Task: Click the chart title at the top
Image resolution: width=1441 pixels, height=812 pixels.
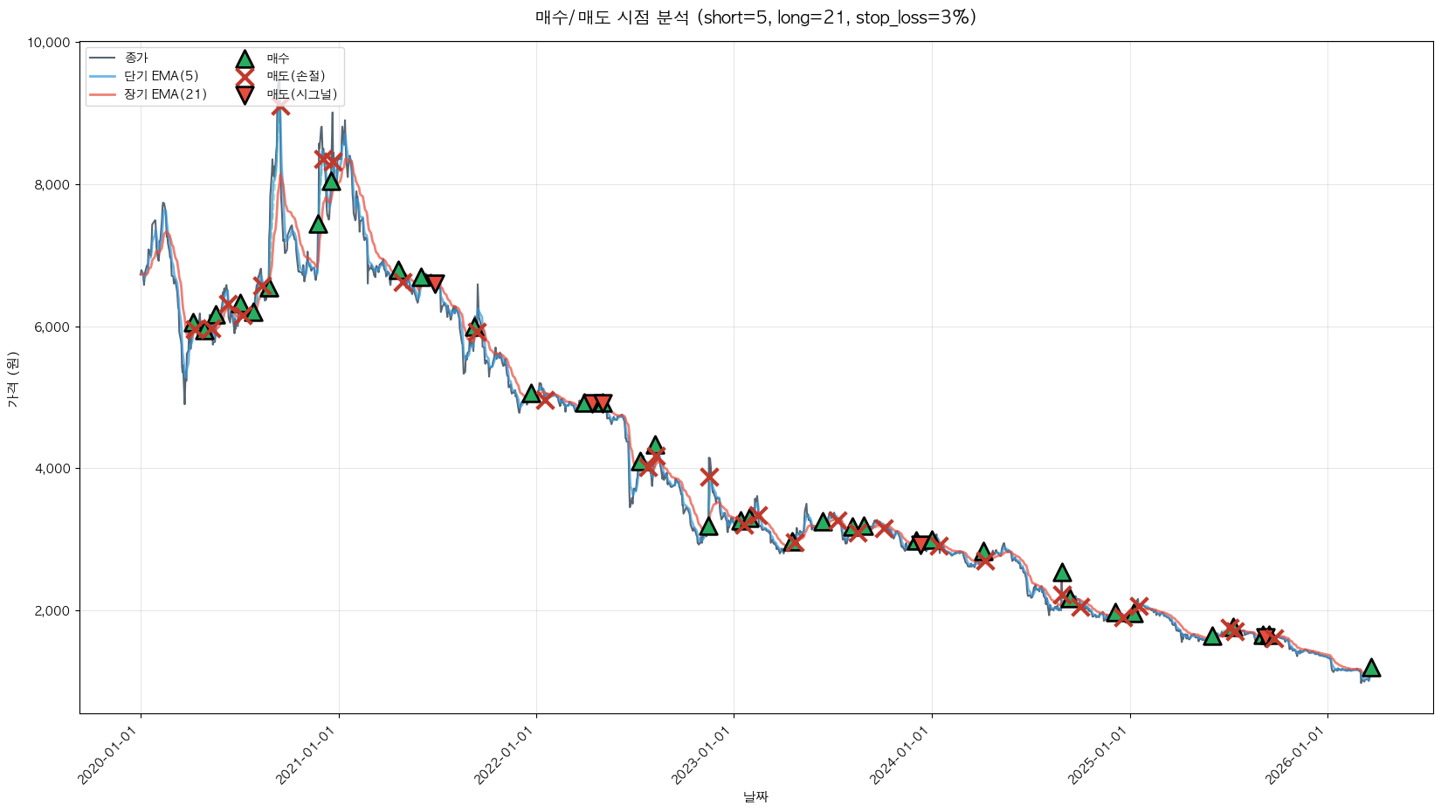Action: pyautogui.click(x=755, y=17)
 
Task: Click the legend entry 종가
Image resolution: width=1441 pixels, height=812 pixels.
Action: pyautogui.click(x=136, y=58)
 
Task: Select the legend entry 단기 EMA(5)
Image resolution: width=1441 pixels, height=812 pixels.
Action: pyautogui.click(x=162, y=76)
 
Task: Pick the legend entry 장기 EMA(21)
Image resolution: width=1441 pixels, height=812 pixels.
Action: pyautogui.click(x=165, y=94)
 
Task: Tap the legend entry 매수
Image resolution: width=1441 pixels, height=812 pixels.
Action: pyautogui.click(x=278, y=58)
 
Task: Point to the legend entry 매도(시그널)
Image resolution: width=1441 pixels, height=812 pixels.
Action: pyautogui.click(x=301, y=94)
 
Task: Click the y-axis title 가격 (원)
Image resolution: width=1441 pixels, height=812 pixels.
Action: pyautogui.click(x=12, y=379)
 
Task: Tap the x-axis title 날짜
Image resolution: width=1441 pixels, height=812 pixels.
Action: pyautogui.click(x=755, y=796)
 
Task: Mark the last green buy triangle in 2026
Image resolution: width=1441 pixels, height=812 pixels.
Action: pyautogui.click(x=1371, y=668)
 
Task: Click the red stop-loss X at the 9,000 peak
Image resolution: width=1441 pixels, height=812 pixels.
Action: pyautogui.click(x=280, y=106)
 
